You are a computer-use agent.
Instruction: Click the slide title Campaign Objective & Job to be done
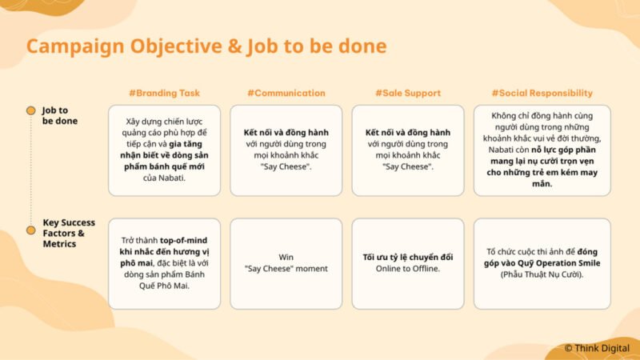206,46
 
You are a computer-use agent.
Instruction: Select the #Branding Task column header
165,93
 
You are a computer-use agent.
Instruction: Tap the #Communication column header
286,93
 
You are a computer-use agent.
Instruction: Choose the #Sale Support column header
408,93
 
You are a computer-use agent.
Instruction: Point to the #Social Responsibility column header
542,93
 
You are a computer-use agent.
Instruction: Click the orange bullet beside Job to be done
31,110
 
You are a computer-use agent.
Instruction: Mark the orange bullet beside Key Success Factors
31,230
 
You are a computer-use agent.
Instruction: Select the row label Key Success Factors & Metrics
69,233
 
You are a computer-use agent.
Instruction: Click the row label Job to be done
59,115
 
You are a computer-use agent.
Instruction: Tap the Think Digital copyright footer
597,348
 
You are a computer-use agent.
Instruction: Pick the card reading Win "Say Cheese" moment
286,264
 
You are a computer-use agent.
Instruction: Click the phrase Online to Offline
408,269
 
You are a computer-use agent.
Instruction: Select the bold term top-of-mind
183,241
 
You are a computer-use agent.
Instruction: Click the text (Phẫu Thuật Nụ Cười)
542,274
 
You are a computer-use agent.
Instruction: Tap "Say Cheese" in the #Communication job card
286,166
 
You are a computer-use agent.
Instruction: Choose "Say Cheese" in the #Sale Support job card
408,166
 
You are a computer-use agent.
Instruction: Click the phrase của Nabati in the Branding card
164,178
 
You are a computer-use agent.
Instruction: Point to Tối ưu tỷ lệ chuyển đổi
408,257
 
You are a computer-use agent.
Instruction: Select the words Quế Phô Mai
164,286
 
